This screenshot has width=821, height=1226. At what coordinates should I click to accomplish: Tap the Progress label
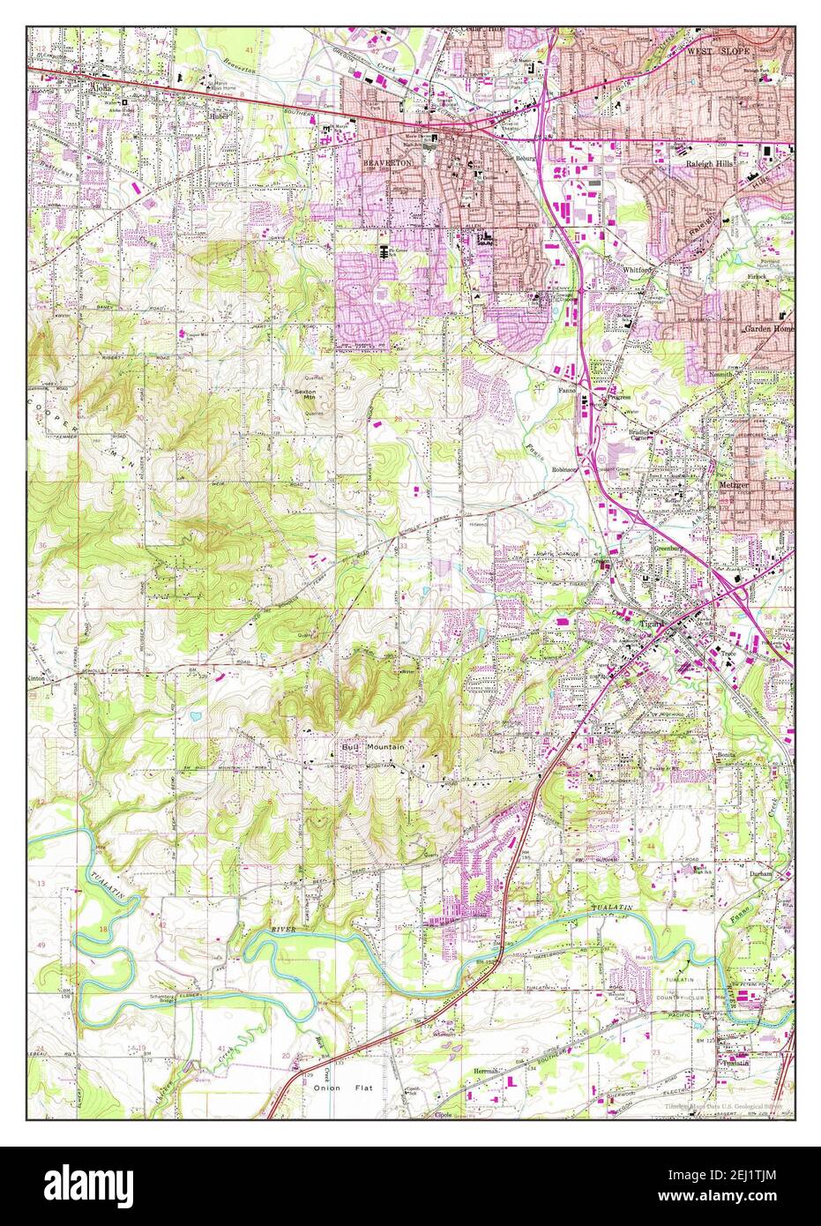(x=618, y=398)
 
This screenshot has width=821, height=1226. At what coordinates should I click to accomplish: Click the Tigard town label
(x=653, y=623)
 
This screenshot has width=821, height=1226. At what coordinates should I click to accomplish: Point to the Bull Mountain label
(x=373, y=747)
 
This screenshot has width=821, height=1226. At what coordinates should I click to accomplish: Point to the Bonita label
(x=725, y=758)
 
